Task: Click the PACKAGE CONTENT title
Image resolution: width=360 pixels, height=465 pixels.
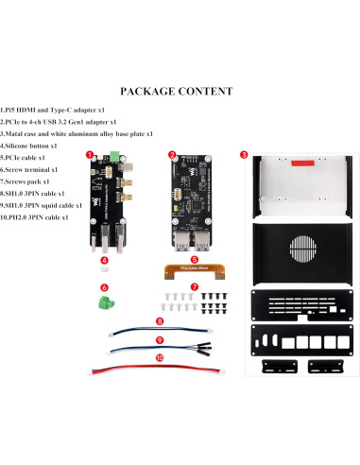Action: click(176, 92)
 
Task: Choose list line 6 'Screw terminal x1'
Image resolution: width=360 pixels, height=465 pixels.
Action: click(30, 169)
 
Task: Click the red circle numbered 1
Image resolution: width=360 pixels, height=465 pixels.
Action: click(90, 154)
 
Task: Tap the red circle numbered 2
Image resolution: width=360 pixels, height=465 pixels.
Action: click(172, 154)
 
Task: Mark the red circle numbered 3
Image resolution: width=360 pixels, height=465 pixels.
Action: click(243, 154)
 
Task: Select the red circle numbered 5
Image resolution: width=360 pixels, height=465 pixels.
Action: click(194, 258)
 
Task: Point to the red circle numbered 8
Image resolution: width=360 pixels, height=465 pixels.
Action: click(160, 321)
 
